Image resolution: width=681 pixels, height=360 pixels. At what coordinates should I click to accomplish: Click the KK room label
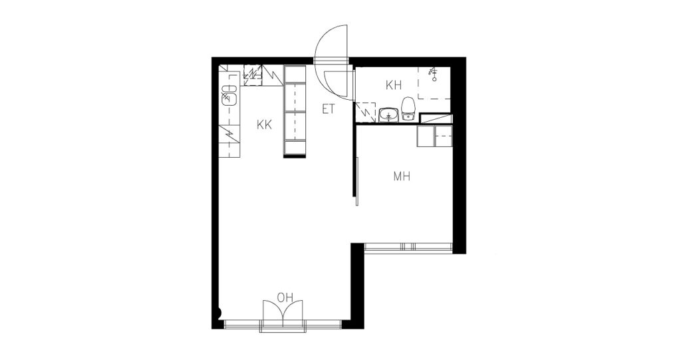[264, 125]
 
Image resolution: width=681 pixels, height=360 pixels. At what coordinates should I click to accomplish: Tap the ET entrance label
[329, 109]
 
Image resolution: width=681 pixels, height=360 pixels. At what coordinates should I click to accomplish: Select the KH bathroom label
[394, 85]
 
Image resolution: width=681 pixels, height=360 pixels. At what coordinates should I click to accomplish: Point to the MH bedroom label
[402, 176]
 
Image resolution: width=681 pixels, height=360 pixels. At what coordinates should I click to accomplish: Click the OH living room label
[285, 298]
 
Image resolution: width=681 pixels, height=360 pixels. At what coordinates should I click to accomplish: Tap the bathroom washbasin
[388, 115]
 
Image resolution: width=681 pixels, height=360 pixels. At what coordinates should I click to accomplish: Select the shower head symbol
[433, 74]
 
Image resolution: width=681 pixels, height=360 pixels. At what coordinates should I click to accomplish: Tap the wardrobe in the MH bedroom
[435, 136]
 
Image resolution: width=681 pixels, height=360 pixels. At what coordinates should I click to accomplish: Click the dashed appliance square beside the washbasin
[365, 112]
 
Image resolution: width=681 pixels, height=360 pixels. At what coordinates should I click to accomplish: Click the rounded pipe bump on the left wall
[219, 313]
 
